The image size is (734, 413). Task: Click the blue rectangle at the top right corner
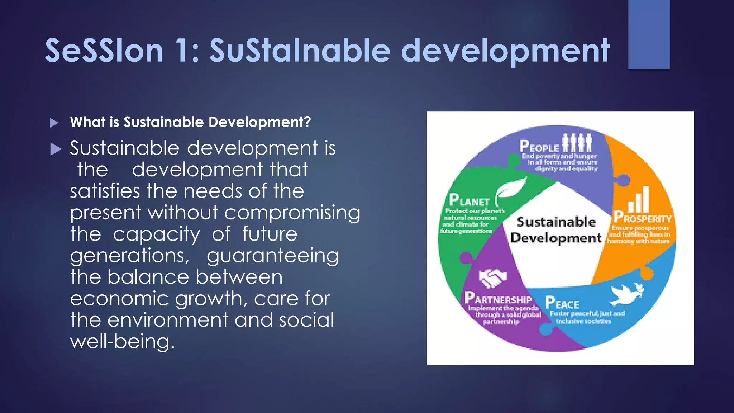point(649,34)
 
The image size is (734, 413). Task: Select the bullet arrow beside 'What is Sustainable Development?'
point(54,123)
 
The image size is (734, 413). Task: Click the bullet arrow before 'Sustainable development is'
point(56,149)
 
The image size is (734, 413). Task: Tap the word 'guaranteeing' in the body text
point(272,256)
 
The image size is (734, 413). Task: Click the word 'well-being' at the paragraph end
point(122,341)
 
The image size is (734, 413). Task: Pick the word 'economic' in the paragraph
point(120,299)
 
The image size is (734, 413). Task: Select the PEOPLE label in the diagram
point(539,146)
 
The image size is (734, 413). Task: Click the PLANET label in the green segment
point(469,200)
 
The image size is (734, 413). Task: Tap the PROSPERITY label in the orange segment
point(642,217)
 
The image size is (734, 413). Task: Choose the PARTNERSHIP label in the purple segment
point(498,299)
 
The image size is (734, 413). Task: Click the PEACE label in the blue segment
point(562,303)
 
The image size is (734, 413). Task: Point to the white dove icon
point(627,294)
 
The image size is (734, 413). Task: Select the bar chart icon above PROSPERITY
point(639,199)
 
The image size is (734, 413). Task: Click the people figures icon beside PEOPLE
point(577,143)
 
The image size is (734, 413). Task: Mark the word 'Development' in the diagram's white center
point(556,238)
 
